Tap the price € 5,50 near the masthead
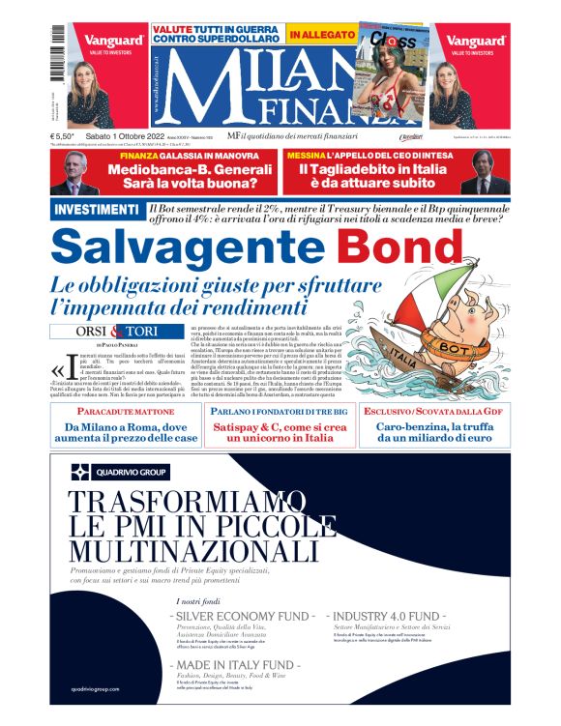tap(65, 137)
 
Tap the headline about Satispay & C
tap(280, 431)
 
